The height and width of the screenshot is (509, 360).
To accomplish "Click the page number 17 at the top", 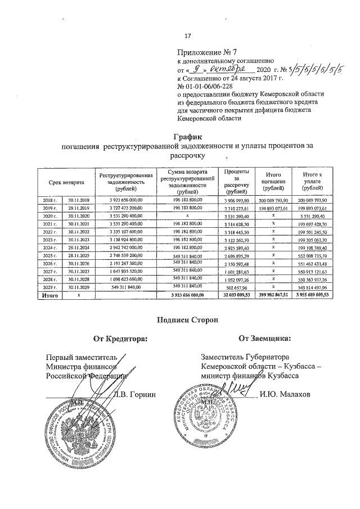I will tap(188, 37).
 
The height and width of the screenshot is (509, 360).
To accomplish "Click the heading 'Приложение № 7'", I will tap(202, 52).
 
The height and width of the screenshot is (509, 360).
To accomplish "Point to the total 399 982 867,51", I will tap(272, 294).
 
